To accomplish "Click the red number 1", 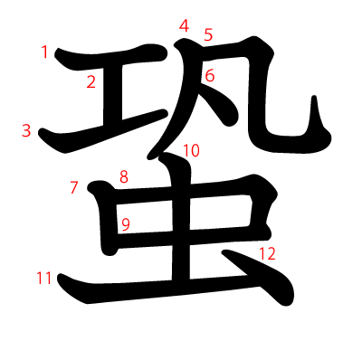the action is pyautogui.click(x=44, y=52).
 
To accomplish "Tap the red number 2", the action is pyautogui.click(x=91, y=83).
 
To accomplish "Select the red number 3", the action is pyautogui.click(x=26, y=130).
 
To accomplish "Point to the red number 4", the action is pyautogui.click(x=184, y=26).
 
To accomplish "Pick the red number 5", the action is pyautogui.click(x=208, y=35).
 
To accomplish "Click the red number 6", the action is pyautogui.click(x=209, y=76).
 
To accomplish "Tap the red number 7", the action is pyautogui.click(x=74, y=188).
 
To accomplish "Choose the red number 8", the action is pyautogui.click(x=124, y=176).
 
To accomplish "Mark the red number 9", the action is pyautogui.click(x=126, y=223).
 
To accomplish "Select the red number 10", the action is pyautogui.click(x=191, y=150).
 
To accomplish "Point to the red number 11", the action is pyautogui.click(x=44, y=279).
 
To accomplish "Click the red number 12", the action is pyautogui.click(x=266, y=254).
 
